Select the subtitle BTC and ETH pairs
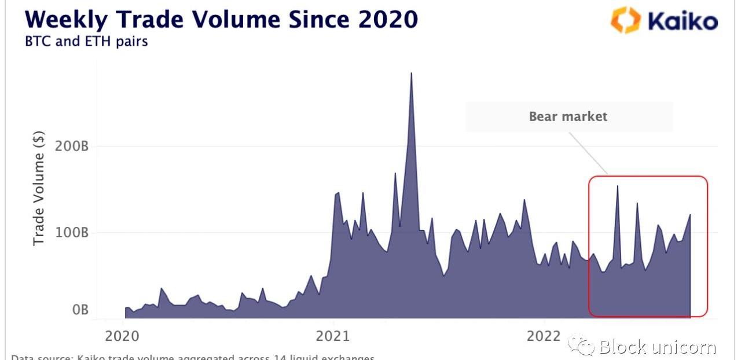point(86,42)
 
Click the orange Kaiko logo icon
point(625,21)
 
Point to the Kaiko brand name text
point(683,22)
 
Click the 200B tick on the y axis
point(71,146)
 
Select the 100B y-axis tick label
point(71,233)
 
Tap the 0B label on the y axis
point(80,310)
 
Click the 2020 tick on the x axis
point(122,336)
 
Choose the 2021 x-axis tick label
point(333,336)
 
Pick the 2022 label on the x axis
point(544,336)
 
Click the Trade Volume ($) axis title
point(39,188)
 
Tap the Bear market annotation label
point(568,116)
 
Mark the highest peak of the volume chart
point(411,74)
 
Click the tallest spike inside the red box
point(617,187)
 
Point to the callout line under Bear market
point(588,153)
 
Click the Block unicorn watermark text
point(658,347)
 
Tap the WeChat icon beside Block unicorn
point(581,346)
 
